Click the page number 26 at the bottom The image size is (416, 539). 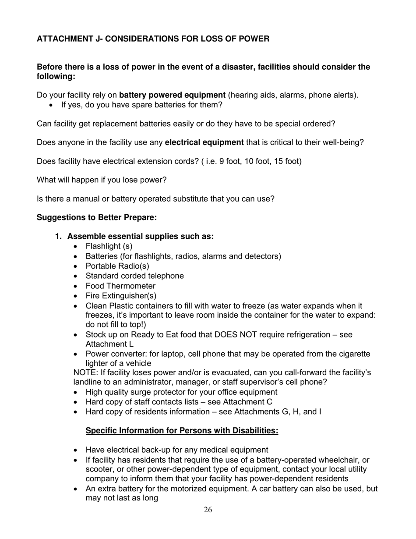[x=208, y=510]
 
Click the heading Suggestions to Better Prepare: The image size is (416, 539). [x=97, y=217]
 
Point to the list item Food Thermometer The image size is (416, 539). [x=120, y=286]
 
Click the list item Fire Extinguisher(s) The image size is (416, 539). [x=121, y=296]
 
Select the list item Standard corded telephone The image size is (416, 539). [x=134, y=276]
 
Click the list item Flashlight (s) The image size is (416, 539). [x=109, y=246]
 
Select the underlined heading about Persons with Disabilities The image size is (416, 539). [x=182, y=431]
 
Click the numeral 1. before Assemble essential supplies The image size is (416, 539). [x=59, y=237]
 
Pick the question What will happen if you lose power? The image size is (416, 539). [x=102, y=180]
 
